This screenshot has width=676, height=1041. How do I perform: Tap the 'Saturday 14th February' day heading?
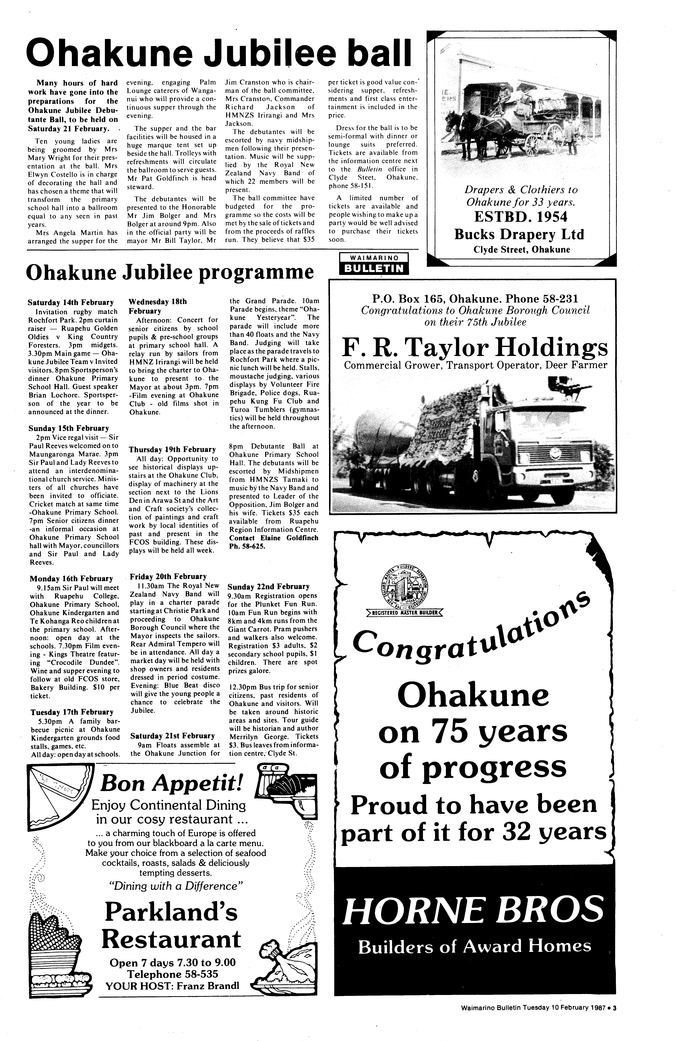pos(70,302)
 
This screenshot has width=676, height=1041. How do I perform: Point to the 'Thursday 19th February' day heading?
pos(172,449)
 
